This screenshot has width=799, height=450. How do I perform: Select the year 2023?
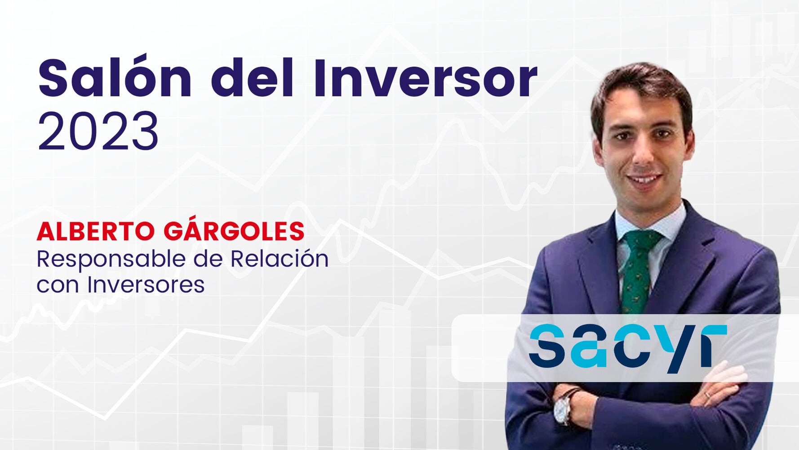98,132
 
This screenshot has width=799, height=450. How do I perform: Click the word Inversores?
146,284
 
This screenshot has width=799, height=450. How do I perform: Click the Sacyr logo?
627,348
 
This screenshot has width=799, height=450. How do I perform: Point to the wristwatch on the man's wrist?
564,407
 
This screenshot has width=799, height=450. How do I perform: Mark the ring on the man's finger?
708,395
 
